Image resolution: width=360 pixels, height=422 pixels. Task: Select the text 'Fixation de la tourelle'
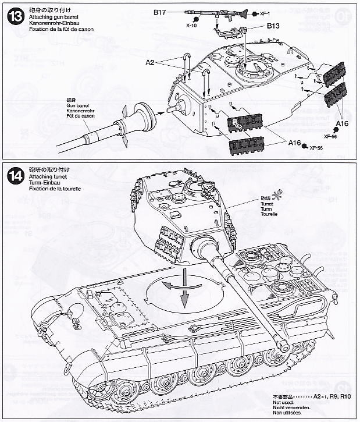pyautogui.click(x=49, y=189)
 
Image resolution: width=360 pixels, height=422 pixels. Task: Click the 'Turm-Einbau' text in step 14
pyautogui.click(x=37, y=183)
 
